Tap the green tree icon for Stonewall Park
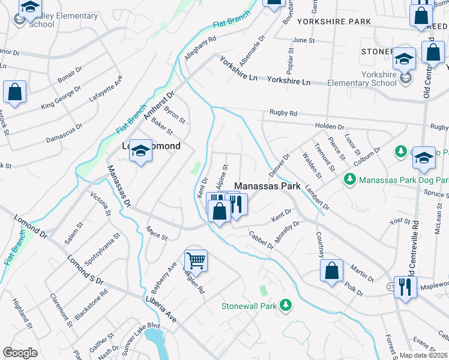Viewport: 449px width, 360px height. tap(286, 306)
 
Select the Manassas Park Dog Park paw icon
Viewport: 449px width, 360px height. tap(349, 179)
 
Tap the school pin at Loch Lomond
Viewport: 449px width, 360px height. tap(140, 151)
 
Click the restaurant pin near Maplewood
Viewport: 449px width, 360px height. tap(406, 286)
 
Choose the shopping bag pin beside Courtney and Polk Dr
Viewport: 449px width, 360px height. tap(331, 271)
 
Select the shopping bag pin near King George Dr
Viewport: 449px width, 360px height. tap(15, 92)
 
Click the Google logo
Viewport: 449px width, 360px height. tap(20, 352)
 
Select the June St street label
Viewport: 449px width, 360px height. tap(303, 40)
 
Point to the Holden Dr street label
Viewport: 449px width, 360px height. tap(329, 127)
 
